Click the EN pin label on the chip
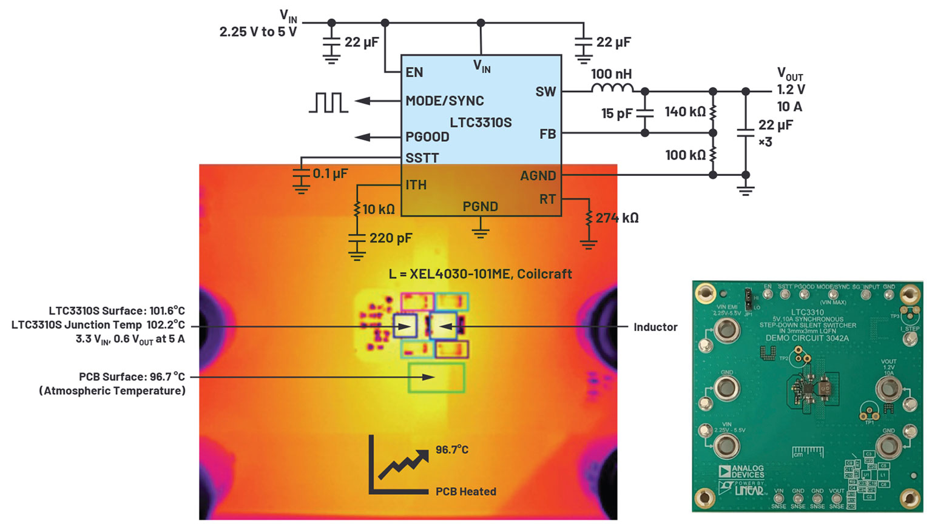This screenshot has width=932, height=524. (x=414, y=73)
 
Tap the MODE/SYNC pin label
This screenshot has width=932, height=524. (x=445, y=101)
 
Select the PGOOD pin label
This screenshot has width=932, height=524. (x=427, y=137)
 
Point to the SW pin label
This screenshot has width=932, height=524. (x=545, y=92)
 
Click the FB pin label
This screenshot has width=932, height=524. (x=547, y=134)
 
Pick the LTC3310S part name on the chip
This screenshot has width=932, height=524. (x=481, y=123)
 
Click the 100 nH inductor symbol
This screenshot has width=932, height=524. (x=612, y=89)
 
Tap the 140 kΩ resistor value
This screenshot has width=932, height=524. (x=685, y=112)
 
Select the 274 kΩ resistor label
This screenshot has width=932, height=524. (x=617, y=218)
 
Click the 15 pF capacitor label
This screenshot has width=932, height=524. (x=617, y=113)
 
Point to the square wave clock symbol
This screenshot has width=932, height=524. (x=328, y=102)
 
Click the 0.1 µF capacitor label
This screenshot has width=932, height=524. (x=330, y=174)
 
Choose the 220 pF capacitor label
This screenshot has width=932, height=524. (x=390, y=238)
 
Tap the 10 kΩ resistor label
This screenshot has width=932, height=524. (x=379, y=210)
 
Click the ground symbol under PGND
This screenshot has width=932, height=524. (x=481, y=232)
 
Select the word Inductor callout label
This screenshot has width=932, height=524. (x=655, y=327)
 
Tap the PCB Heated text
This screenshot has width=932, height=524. (x=465, y=492)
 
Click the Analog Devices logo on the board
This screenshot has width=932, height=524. (x=741, y=472)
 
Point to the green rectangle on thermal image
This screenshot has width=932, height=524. (x=437, y=377)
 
